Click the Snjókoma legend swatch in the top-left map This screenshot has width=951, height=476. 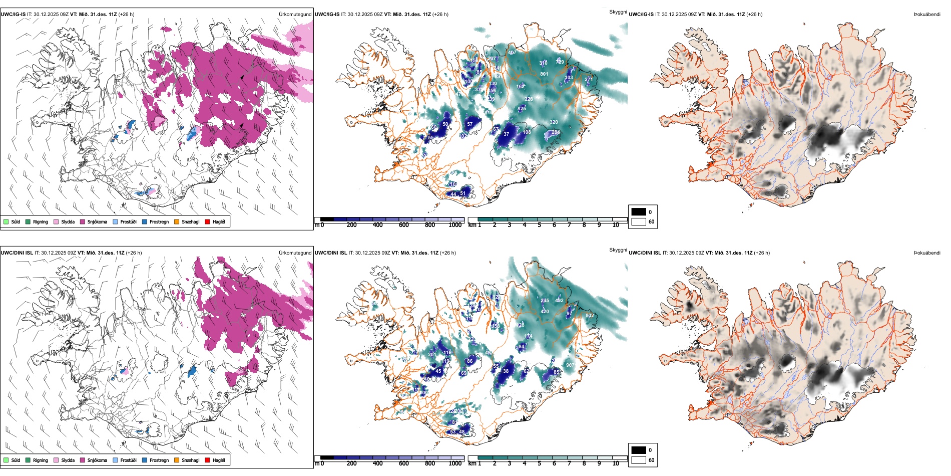[x=83, y=221]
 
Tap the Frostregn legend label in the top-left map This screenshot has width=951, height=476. [x=159, y=222]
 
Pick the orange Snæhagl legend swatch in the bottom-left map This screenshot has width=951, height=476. [x=177, y=460]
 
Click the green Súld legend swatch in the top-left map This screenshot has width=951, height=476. [x=6, y=221]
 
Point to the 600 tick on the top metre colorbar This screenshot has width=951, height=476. [x=404, y=225]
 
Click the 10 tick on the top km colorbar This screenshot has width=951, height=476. [x=616, y=225]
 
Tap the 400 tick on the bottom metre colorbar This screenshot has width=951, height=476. [x=378, y=463]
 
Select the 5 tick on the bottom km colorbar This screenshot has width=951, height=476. [x=540, y=463]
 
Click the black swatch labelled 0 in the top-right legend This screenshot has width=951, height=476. [x=639, y=212]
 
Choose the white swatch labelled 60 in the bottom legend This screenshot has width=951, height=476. [x=639, y=460]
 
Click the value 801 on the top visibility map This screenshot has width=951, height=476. [x=544, y=74]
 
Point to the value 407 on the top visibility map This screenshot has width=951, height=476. [x=512, y=53]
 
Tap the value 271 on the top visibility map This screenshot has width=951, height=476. [x=589, y=80]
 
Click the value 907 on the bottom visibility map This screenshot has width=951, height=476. [x=570, y=365]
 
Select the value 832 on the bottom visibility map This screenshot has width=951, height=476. [x=590, y=316]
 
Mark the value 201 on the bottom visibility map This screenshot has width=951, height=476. [x=432, y=355]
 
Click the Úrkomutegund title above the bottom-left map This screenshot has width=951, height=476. [x=295, y=253]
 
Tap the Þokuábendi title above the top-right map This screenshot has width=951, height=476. [x=927, y=15]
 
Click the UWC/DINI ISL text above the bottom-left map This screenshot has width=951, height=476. [x=17, y=253]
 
